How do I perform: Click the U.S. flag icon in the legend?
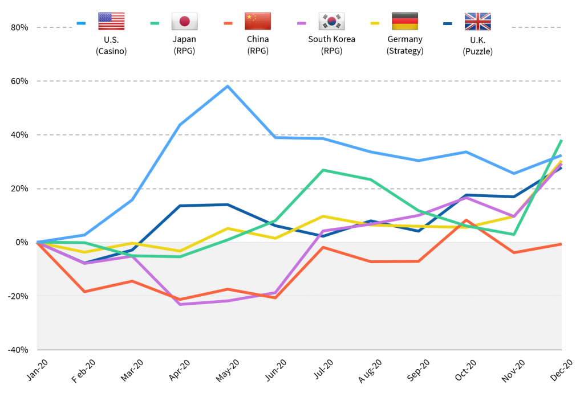[111, 22]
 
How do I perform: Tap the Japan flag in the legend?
[184, 22]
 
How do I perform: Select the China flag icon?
[257, 22]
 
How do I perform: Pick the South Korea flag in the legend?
[331, 22]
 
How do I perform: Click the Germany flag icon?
[404, 22]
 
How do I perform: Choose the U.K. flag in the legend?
[477, 22]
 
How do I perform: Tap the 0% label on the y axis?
[22, 243]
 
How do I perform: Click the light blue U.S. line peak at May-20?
[228, 86]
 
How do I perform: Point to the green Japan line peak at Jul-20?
[323, 170]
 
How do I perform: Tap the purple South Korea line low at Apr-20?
[180, 304]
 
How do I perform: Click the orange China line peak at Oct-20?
[467, 220]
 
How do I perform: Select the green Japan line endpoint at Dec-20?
[561, 140]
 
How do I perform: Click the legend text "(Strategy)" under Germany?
[404, 51]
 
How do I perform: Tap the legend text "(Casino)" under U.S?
[111, 51]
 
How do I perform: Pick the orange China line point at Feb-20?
[85, 292]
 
